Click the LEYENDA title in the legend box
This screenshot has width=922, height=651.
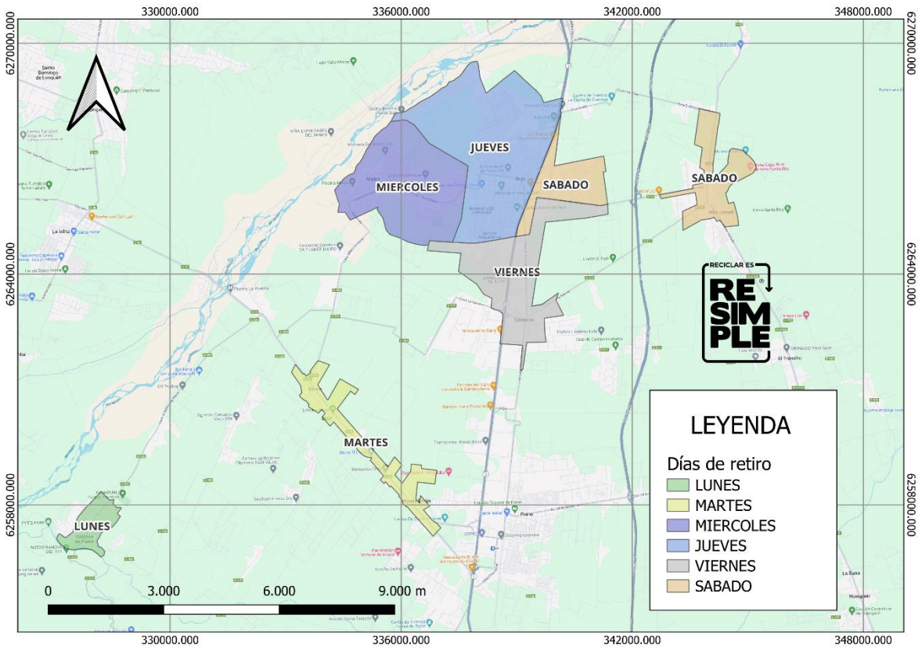pos(740,426)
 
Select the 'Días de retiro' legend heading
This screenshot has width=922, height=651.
pos(719,464)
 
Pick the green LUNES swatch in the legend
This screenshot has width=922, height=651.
pos(679,485)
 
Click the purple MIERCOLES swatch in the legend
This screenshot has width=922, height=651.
pos(679,526)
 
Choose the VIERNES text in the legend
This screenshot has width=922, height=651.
pos(725,566)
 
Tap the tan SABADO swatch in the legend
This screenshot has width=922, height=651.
pos(679,586)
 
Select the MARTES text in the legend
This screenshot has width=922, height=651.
pos(723,505)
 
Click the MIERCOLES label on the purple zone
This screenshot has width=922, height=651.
pos(406,187)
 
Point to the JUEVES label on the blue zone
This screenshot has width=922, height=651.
pos(489,147)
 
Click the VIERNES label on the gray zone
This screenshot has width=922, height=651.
pos(517,272)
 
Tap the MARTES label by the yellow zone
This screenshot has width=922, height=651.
pos(366,442)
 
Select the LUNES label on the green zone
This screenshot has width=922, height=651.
pos(92,526)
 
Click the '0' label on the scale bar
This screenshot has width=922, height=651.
pos(49,591)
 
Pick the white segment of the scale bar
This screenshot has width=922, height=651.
pos(221,609)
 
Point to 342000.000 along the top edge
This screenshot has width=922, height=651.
pos(631,10)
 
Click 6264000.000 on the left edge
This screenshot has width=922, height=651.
pos(10,275)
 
